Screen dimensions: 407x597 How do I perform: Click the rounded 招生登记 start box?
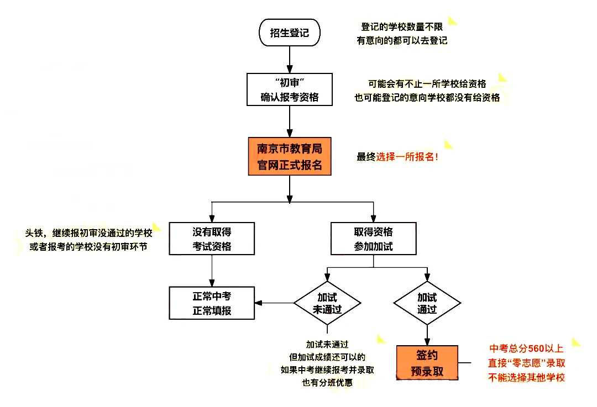point(289,33)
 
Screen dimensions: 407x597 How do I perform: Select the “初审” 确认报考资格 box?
point(289,90)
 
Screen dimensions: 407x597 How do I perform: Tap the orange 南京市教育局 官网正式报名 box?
point(289,156)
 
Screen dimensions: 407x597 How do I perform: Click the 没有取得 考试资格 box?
point(212,239)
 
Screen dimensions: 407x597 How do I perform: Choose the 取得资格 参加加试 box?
point(373,239)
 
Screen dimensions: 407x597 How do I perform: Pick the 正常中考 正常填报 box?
point(212,303)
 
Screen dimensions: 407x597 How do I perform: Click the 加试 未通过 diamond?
point(327,303)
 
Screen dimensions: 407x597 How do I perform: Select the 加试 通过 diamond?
point(427,303)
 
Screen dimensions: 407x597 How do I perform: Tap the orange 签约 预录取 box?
point(427,362)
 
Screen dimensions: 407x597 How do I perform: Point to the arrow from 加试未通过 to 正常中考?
point(274,303)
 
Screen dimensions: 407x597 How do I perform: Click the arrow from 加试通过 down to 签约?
point(427,334)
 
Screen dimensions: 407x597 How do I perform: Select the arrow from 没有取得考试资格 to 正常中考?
point(212,271)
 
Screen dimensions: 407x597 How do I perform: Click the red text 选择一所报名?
point(408,156)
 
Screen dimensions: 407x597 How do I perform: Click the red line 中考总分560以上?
point(526,348)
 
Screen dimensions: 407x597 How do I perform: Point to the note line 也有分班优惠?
point(327,383)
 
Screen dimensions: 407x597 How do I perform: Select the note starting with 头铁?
point(88,233)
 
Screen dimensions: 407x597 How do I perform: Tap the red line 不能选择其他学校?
point(526,378)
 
